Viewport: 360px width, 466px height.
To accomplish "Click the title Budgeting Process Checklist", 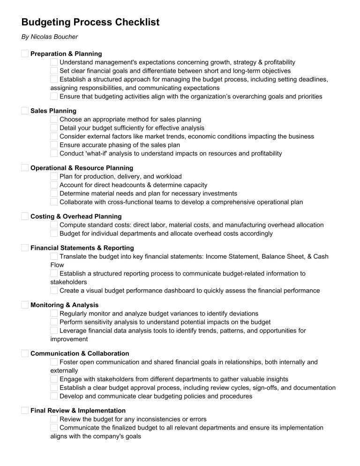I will coord(90,22).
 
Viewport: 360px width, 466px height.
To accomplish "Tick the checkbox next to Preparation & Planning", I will coord(25,54).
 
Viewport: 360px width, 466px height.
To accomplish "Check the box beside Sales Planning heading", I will coord(25,111).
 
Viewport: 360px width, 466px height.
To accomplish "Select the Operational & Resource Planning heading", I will coord(82,168).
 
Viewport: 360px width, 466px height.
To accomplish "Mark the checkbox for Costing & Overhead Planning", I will coord(25,217).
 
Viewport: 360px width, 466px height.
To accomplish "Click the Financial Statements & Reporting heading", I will coord(82,248).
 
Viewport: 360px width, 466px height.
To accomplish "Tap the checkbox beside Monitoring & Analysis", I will coord(25,305).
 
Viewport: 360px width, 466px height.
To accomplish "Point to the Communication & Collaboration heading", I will coord(80,353).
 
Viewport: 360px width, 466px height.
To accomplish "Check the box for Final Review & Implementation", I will coord(25,411).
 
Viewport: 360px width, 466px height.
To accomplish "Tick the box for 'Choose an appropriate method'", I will coord(54,120).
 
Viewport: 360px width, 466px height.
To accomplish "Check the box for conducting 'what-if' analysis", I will coord(54,153).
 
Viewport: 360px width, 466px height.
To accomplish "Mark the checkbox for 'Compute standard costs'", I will coord(54,225).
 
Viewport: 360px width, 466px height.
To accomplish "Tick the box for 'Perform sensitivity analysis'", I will coord(54,322).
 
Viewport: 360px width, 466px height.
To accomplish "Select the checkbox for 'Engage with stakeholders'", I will coord(54,379).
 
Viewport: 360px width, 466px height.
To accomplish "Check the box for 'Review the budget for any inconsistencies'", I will coord(54,419).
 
